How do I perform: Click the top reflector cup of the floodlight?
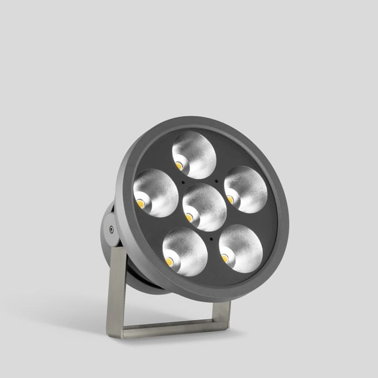(x=194, y=155)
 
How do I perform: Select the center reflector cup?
(x=205, y=207)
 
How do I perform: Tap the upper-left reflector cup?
(x=156, y=193)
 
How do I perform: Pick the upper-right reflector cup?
(x=246, y=189)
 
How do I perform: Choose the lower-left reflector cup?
(x=185, y=252)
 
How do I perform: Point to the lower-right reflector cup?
(x=241, y=248)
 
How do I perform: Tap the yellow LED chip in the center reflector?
(x=190, y=217)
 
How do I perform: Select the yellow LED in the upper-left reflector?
(x=141, y=203)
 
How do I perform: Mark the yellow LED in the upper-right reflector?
(x=230, y=199)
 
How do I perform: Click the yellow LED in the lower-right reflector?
(x=225, y=258)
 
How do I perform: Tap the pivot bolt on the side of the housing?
(x=112, y=228)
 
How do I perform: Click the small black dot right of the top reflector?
(x=216, y=180)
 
